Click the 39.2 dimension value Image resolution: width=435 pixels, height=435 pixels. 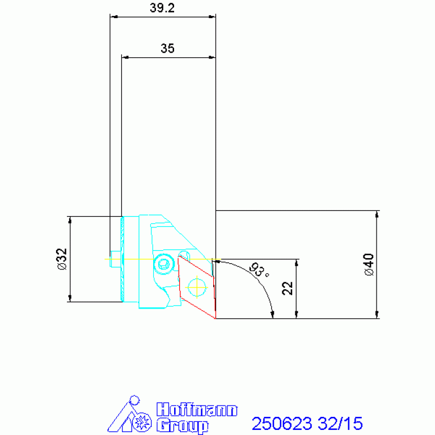click(x=162, y=8)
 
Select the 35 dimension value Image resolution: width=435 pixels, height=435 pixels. click(x=167, y=49)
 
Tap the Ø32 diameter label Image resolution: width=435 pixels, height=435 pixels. click(x=62, y=259)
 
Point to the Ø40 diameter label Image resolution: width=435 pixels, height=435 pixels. click(x=369, y=264)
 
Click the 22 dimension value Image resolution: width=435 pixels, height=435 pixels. click(x=288, y=288)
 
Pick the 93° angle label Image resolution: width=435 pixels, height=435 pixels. click(x=259, y=269)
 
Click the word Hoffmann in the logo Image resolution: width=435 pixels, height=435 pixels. click(x=197, y=409)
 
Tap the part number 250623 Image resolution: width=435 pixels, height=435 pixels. click(x=282, y=423)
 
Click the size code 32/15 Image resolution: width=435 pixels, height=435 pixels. click(x=340, y=423)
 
